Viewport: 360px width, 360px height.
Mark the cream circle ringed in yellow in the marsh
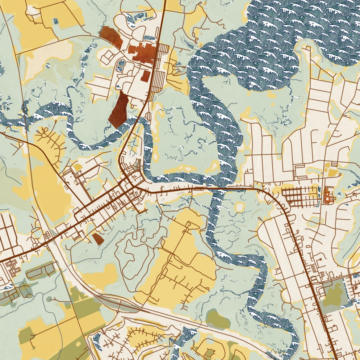(239, 207)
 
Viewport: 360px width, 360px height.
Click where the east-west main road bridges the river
(217, 188)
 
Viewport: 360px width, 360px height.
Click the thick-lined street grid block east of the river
(299, 196)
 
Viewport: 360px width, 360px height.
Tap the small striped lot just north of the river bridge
(148, 116)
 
